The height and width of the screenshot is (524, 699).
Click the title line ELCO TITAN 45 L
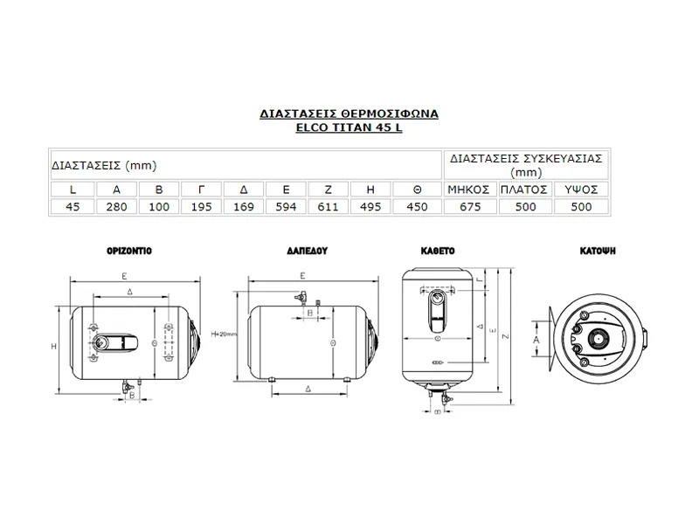pos(349,128)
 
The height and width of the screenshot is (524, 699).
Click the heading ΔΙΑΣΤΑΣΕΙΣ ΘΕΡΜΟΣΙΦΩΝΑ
pos(349,114)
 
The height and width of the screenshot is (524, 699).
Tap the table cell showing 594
pos(287,206)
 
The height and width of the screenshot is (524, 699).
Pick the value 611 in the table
pos(329,206)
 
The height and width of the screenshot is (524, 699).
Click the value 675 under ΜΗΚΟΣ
pos(470,206)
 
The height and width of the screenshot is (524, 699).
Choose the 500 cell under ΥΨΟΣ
pos(580,206)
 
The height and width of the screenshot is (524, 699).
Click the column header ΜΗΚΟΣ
pos(470,189)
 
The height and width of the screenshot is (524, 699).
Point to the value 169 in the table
pos(245,206)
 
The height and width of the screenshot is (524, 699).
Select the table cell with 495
pos(371,206)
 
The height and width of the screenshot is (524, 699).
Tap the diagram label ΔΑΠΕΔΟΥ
pos(307,250)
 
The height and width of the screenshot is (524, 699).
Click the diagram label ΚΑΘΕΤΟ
pos(437,250)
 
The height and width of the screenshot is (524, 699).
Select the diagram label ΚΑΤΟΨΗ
pos(599,250)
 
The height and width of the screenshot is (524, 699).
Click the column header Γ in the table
pos(201,189)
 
